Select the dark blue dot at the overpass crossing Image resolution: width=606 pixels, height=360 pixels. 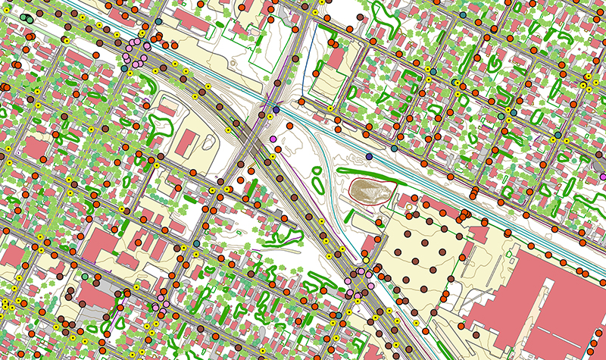pyautogui.click(x=276, y=111)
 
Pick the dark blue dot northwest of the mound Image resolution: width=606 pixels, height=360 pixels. pyautogui.click(x=369, y=156)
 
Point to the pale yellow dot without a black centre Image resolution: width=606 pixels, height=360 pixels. pyautogui.click(x=366, y=261)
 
